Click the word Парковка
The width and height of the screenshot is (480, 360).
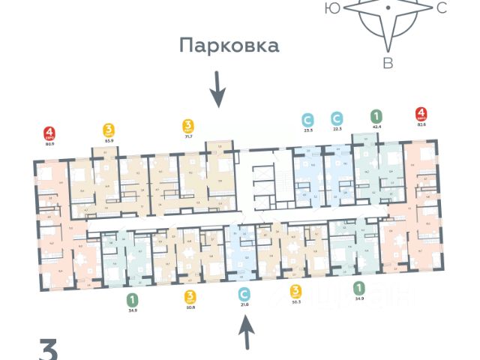tap(229, 46)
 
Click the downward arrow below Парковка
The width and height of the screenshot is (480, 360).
tap(217, 88)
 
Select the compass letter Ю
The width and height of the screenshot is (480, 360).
tap(330, 8)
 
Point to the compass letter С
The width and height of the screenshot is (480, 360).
tap(441, 8)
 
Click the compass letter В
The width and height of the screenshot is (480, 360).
tap(388, 63)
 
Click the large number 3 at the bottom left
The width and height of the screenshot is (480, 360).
tap(49, 349)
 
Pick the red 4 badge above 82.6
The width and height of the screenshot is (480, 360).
tap(422, 115)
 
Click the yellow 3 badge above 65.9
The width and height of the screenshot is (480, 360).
tap(109, 130)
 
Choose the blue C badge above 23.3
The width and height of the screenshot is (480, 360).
tap(307, 118)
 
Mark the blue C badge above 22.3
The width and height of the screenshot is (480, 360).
tap(337, 118)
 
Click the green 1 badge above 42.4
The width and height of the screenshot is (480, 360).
tap(376, 116)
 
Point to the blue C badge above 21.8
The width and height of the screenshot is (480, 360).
tap(243, 293)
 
